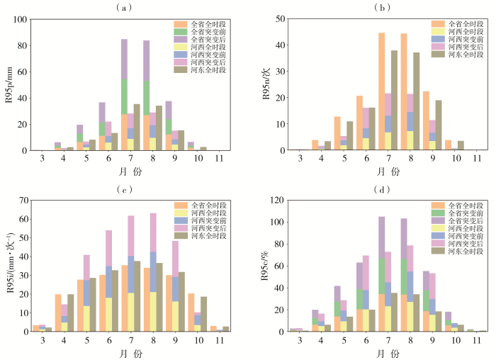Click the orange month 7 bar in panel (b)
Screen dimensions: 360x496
381,91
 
